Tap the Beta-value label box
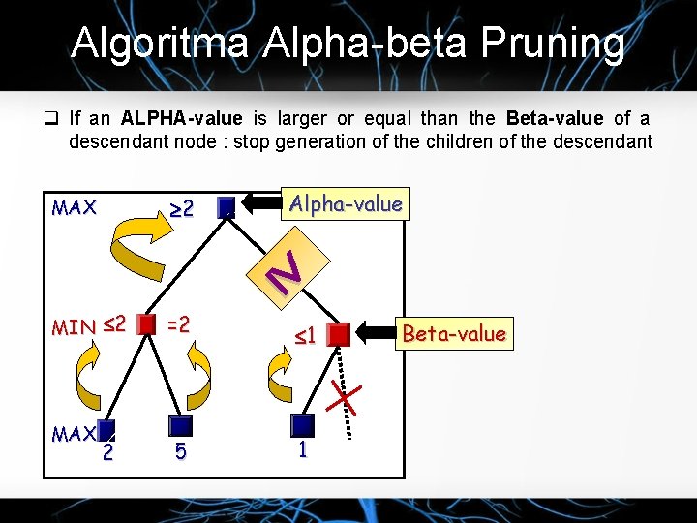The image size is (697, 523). point(453,334)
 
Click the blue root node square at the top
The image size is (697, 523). point(227,206)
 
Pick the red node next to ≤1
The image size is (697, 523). point(338,335)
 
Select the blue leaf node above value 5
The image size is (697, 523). point(180,426)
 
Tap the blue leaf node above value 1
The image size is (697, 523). point(304,425)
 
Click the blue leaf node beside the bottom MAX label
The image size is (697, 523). point(106,431)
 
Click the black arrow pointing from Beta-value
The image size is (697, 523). point(375,334)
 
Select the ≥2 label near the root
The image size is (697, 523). point(182,207)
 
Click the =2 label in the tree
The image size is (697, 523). point(177,322)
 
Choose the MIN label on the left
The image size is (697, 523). point(73,327)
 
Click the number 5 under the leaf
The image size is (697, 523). point(181,452)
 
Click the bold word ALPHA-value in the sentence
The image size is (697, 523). point(182,119)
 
